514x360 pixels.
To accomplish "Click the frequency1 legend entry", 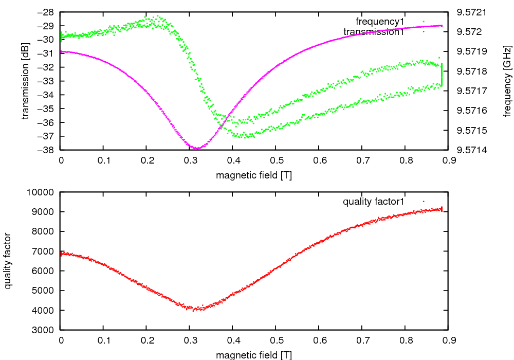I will (380, 21).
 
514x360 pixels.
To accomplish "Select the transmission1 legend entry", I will (374, 32).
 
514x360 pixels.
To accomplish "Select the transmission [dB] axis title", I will (26, 81).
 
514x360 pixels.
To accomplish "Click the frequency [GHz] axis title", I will (507, 81).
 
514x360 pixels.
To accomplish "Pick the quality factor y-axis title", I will (8, 261).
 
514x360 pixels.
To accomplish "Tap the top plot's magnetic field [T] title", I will (254, 175).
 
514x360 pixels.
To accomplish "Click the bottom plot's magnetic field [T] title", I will (254, 355).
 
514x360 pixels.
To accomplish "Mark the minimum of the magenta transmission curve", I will (196, 149).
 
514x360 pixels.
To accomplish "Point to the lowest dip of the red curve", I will (194, 310).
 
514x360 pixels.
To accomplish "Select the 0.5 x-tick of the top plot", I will (276, 160).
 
